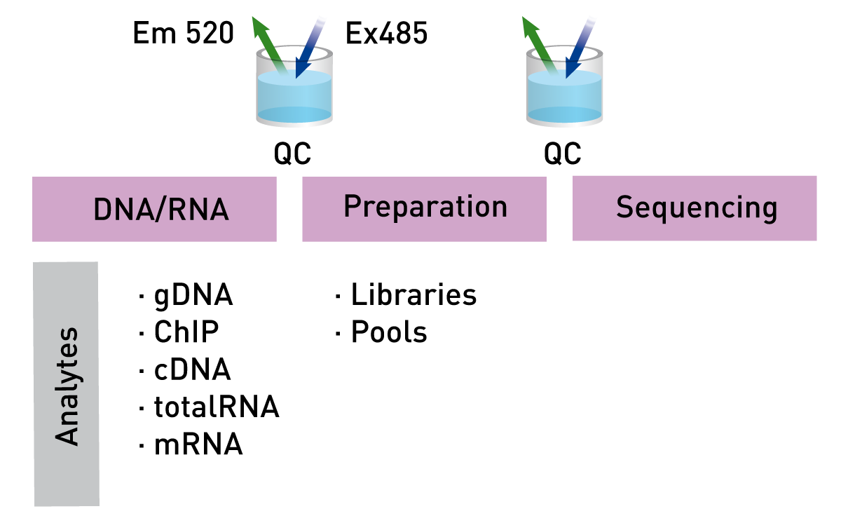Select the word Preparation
pyautogui.click(x=425, y=208)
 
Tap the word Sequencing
pyautogui.click(x=697, y=208)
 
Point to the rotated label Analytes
pyautogui.click(x=68, y=386)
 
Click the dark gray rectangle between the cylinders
pyautogui.click(x=379, y=112)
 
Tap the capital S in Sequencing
pyautogui.click(x=624, y=208)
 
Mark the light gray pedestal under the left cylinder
pyautogui.click(x=322, y=158)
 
